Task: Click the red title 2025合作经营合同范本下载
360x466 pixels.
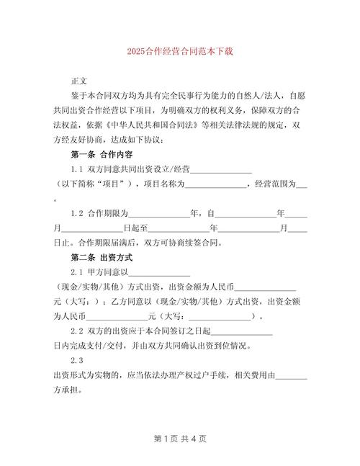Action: pos(180,52)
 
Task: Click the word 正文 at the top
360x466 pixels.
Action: pos(78,81)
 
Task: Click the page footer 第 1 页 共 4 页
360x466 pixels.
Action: pos(180,438)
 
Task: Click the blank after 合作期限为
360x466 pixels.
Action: pos(158,215)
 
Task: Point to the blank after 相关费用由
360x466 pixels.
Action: pos(291,376)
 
